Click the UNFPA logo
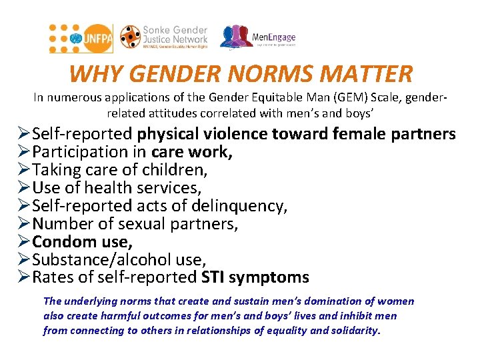point(81,39)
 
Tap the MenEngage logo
point(258,38)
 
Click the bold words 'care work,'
point(192,152)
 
